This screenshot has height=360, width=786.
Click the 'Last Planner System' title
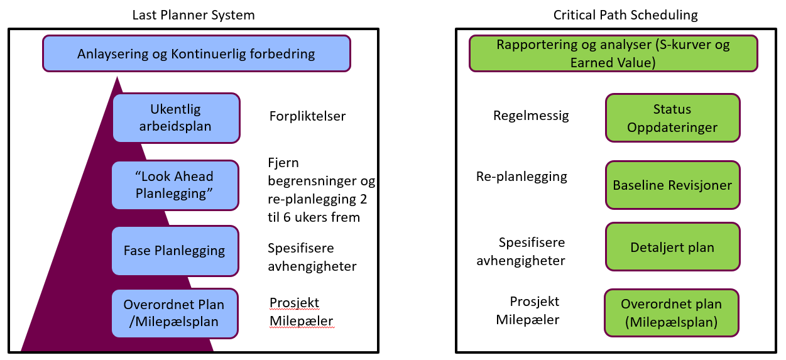tap(194, 15)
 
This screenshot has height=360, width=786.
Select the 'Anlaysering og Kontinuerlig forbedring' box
tap(196, 53)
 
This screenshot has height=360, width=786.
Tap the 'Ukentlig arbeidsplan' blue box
tap(176, 117)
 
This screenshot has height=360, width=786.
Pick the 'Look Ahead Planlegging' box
tap(175, 185)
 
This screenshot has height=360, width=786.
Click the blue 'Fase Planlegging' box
tap(175, 250)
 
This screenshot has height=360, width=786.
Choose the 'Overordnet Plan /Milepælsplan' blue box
tap(175, 313)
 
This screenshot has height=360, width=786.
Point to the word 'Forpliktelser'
tap(307, 116)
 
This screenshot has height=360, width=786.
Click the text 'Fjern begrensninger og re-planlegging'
tap(321, 190)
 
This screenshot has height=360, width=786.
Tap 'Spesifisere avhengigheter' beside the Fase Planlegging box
tap(312, 257)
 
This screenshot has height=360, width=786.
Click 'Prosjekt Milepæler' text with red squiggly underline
tap(301, 312)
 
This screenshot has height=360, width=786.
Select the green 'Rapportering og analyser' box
tap(613, 53)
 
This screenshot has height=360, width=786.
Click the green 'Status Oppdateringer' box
tap(672, 118)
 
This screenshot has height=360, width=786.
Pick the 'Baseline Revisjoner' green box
tap(672, 185)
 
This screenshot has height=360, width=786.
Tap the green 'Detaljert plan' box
tap(672, 247)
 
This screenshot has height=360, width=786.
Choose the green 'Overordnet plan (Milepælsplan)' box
tap(671, 313)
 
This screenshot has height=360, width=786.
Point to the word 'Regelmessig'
tap(531, 116)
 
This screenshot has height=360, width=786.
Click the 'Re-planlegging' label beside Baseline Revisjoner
tap(521, 177)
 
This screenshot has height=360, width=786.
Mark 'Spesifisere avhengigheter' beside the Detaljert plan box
tap(521, 251)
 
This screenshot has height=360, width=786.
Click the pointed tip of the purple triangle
tap(116, 78)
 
